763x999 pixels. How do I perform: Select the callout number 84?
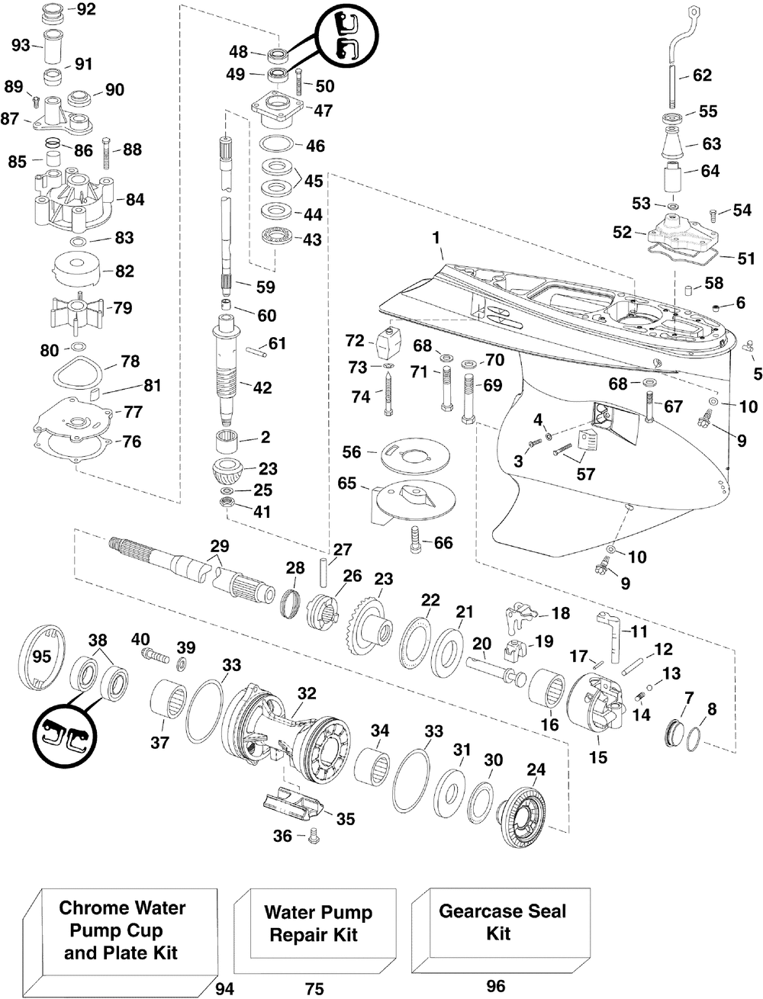click(135, 199)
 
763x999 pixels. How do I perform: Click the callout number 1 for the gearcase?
click(436, 238)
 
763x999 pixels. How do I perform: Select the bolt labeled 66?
click(417, 539)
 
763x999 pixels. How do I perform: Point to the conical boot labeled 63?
click(673, 144)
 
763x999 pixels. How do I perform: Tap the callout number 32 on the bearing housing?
click(307, 694)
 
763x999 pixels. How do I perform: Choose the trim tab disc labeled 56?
click(414, 457)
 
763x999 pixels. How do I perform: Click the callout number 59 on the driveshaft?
click(266, 287)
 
